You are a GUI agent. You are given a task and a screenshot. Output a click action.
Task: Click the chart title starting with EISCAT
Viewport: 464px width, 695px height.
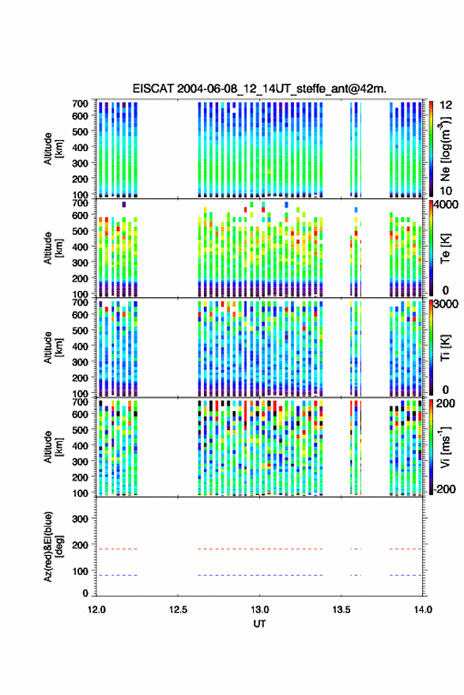(259, 89)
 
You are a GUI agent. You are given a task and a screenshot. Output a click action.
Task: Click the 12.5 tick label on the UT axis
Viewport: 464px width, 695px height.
(178, 610)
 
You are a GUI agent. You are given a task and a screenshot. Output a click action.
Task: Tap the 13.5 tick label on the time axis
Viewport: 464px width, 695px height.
(341, 610)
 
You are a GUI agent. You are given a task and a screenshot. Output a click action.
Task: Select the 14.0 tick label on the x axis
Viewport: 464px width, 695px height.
(422, 610)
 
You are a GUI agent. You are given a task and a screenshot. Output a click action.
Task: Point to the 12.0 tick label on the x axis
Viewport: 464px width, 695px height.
(96, 610)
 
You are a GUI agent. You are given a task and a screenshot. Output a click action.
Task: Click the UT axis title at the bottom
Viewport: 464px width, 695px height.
(259, 624)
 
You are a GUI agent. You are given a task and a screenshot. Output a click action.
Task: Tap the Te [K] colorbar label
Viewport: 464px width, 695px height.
(445, 248)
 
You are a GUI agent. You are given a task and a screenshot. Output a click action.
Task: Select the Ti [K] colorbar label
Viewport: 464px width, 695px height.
(445, 348)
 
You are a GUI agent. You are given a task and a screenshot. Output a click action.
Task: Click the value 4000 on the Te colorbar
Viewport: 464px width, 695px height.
(447, 206)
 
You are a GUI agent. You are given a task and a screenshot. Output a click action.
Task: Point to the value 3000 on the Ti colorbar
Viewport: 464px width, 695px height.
(447, 304)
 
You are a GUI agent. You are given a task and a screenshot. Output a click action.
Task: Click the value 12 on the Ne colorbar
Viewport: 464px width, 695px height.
(447, 105)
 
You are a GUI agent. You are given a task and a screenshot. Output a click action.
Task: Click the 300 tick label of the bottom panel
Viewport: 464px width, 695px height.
(80, 519)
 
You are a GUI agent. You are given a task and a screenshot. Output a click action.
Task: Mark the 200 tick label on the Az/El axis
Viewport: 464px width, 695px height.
(80, 545)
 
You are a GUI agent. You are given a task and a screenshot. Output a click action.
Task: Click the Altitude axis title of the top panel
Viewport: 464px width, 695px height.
(54, 149)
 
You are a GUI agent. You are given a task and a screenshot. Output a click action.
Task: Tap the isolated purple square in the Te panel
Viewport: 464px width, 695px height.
(123, 204)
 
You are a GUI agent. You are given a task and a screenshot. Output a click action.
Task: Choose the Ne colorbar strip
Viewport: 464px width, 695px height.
(432, 149)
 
